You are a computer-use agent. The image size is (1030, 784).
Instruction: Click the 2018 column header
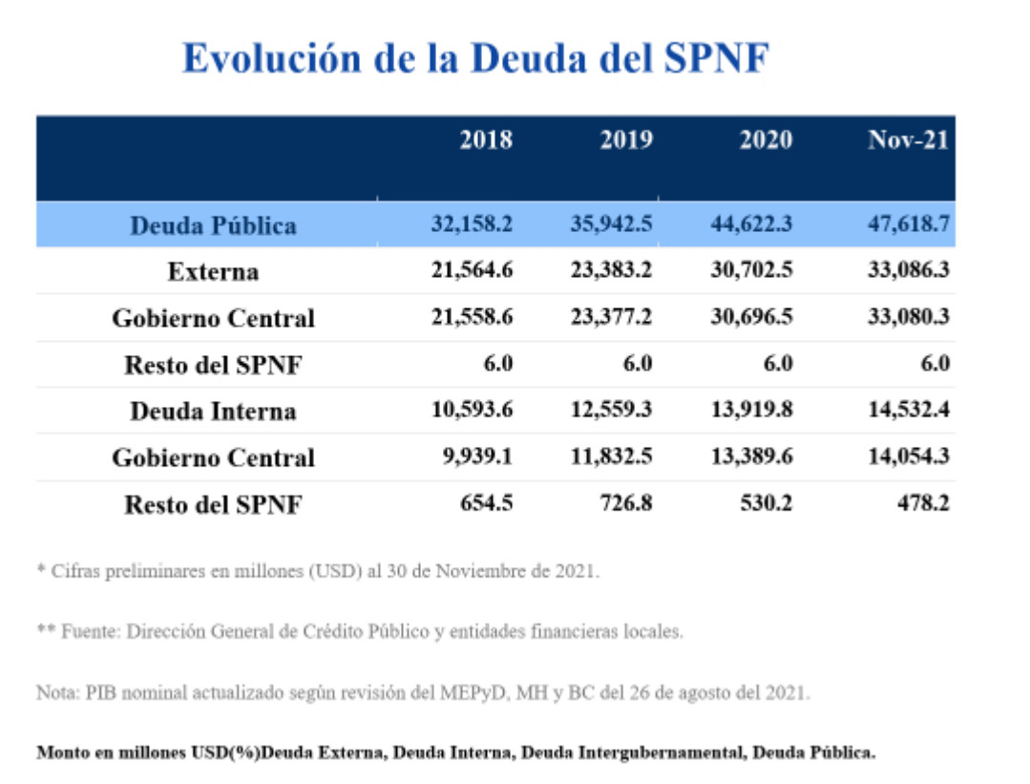tap(486, 140)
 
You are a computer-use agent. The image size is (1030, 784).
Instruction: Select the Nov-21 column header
tap(908, 140)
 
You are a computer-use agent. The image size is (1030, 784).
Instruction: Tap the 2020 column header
tap(766, 140)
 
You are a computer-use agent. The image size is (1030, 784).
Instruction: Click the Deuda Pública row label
tap(213, 225)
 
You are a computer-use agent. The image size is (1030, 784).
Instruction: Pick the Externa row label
tap(213, 272)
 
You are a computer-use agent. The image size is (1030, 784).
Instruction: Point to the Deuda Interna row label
tap(213, 412)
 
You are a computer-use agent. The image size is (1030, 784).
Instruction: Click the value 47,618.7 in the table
tap(908, 224)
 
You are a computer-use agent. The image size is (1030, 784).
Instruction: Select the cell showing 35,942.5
tap(612, 224)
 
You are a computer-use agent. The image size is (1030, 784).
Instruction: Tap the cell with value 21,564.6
tap(472, 270)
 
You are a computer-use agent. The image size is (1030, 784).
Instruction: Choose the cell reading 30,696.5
tap(751, 317)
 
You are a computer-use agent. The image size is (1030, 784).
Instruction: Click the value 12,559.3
tap(612, 410)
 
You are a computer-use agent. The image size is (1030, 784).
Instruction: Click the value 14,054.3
tap(908, 456)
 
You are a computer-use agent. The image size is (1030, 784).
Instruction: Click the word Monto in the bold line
tap(62, 752)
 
